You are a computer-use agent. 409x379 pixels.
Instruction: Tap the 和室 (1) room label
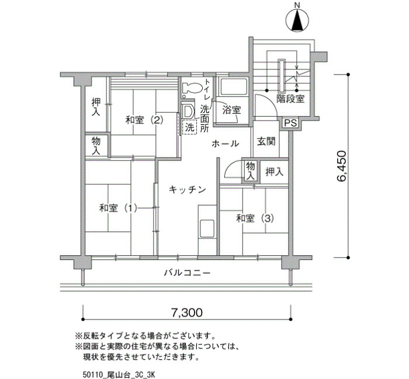[118, 208]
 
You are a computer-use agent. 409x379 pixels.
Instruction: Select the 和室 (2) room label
[144, 120]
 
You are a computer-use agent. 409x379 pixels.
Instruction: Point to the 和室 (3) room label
[255, 218]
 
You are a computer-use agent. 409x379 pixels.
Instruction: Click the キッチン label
[188, 189]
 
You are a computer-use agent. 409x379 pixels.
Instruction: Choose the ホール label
[225, 143]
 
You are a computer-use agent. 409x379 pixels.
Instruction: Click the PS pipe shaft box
[290, 123]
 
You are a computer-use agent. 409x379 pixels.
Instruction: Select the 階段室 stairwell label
[290, 99]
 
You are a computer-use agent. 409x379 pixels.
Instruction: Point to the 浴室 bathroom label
[231, 110]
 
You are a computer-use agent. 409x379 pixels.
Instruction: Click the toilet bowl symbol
[192, 88]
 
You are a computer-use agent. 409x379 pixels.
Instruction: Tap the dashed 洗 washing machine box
[189, 127]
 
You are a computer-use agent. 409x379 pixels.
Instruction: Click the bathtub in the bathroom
[233, 87]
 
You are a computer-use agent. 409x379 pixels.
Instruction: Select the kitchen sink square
[207, 229]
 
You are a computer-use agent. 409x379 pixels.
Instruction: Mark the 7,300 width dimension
[187, 313]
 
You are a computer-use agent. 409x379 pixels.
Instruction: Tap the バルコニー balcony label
[187, 273]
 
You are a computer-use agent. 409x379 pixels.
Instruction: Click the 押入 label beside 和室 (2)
[96, 107]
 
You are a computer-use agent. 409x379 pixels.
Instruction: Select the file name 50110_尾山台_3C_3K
[119, 375]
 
